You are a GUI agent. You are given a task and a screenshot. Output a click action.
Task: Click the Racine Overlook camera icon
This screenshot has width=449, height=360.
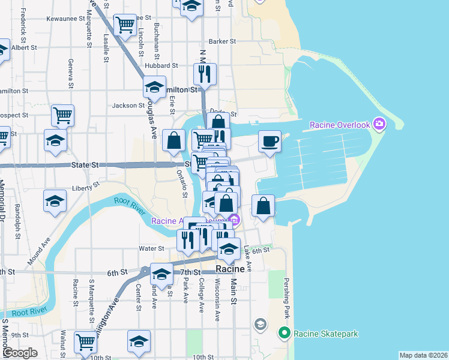[x=379, y=125]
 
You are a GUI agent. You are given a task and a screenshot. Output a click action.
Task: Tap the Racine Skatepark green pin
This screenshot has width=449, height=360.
[x=284, y=332]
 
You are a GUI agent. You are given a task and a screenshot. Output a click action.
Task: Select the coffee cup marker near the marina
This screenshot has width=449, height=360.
[x=270, y=142]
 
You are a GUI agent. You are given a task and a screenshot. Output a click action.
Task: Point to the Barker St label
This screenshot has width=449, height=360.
[x=222, y=41]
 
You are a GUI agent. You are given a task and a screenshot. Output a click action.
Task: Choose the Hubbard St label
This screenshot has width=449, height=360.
[x=161, y=65]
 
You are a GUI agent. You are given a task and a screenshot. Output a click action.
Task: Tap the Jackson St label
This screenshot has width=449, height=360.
[x=125, y=106]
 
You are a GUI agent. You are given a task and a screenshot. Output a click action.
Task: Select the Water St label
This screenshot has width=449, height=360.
[x=152, y=248]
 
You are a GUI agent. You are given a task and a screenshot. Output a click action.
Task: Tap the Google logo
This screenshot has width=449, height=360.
[x=20, y=353]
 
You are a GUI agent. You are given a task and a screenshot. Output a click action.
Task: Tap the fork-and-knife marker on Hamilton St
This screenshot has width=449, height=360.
[x=204, y=74]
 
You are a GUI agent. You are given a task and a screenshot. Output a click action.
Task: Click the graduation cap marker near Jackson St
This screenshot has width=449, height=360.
[x=154, y=87]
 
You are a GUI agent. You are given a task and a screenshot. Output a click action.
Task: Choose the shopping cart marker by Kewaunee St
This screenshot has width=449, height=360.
[x=125, y=25]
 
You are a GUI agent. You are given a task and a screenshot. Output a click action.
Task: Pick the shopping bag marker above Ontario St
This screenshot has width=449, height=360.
[x=173, y=140]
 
